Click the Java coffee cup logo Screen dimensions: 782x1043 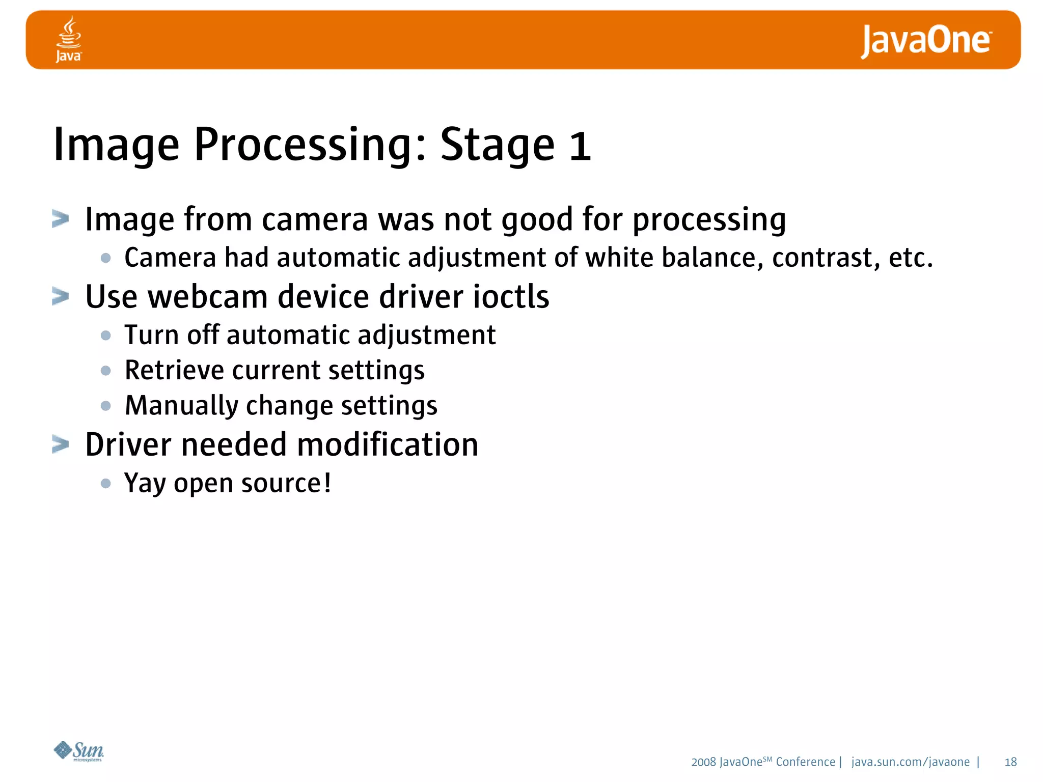coord(68,39)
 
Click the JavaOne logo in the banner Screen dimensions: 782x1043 coord(925,41)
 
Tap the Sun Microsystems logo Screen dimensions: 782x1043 coord(79,751)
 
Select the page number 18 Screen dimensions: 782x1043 coord(1010,762)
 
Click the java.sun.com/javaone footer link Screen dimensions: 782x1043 coord(910,762)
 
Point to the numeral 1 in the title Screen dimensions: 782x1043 coord(580,146)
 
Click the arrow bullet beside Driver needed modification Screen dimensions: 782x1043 coord(61,444)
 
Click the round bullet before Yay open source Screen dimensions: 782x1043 coord(106,483)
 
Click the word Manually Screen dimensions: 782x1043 coord(181,406)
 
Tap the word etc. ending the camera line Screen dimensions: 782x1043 coord(910,258)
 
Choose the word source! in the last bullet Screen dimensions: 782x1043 coord(286,483)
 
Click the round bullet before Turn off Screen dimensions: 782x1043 coord(106,336)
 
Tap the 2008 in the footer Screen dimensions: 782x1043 coord(703,762)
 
